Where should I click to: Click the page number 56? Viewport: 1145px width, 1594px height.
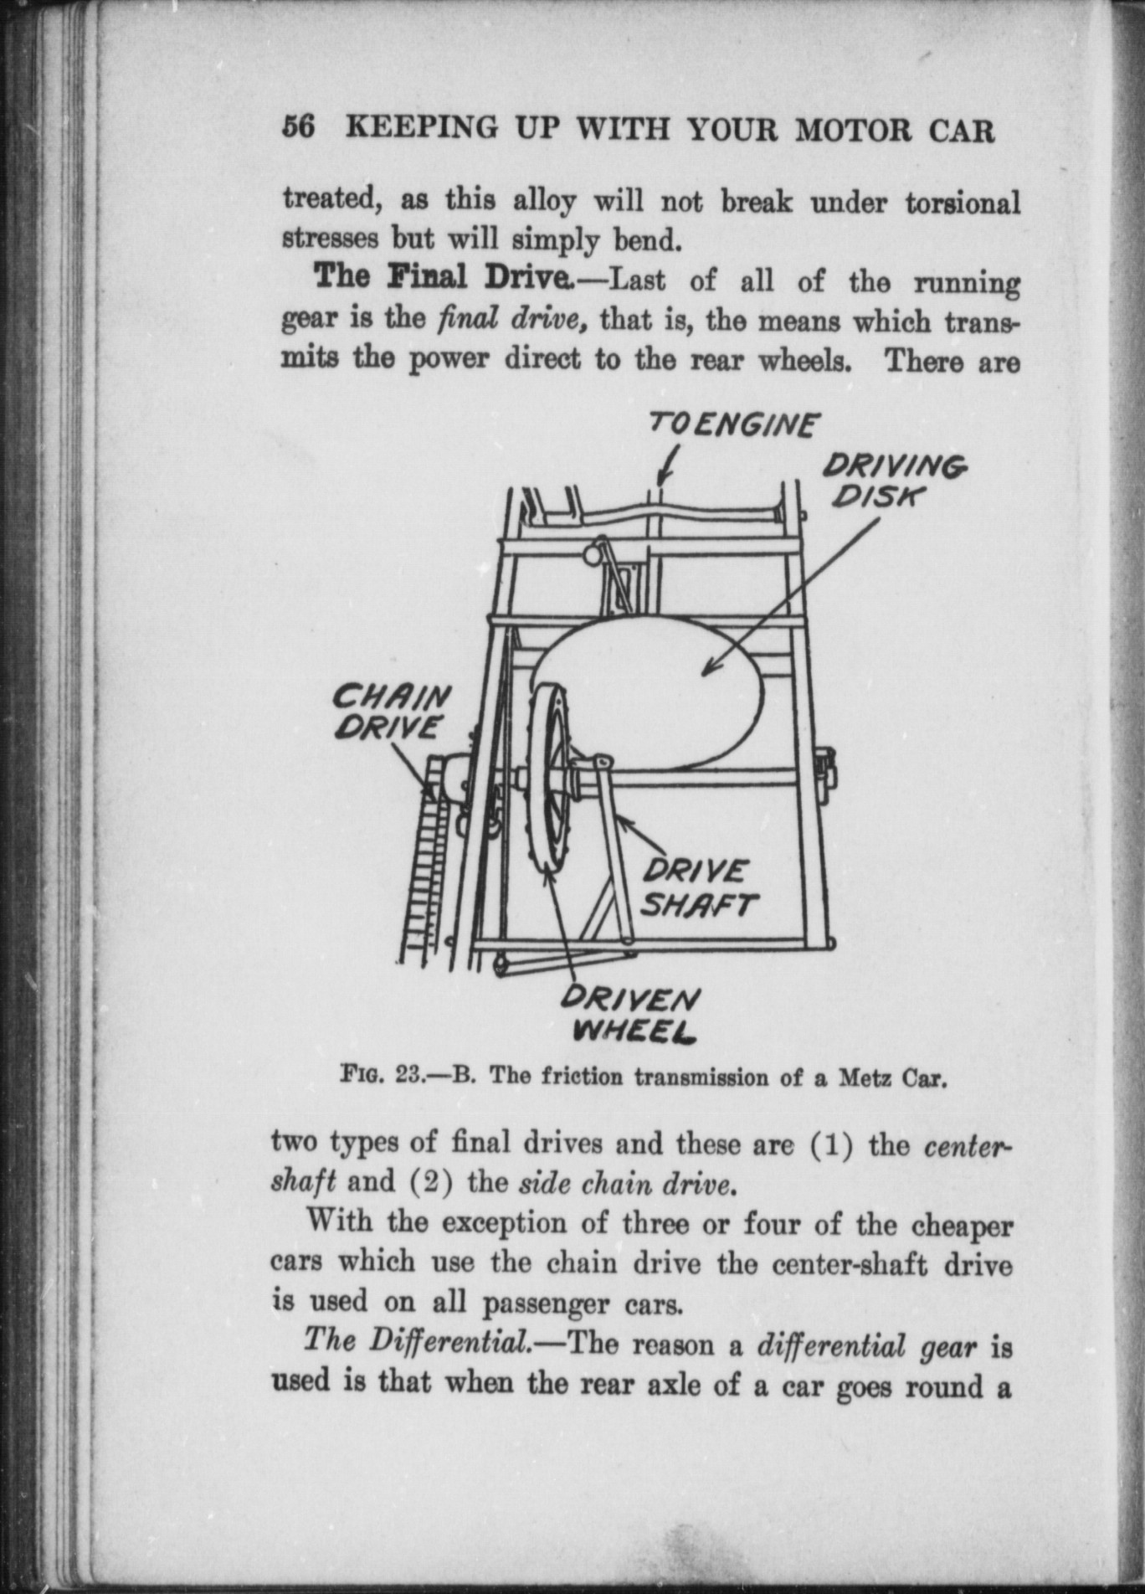click(x=299, y=128)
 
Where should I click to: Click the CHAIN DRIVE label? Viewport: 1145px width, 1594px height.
click(x=390, y=712)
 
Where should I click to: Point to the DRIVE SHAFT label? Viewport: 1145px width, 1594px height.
click(x=698, y=888)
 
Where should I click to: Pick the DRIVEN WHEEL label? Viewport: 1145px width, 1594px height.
click(x=630, y=1012)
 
